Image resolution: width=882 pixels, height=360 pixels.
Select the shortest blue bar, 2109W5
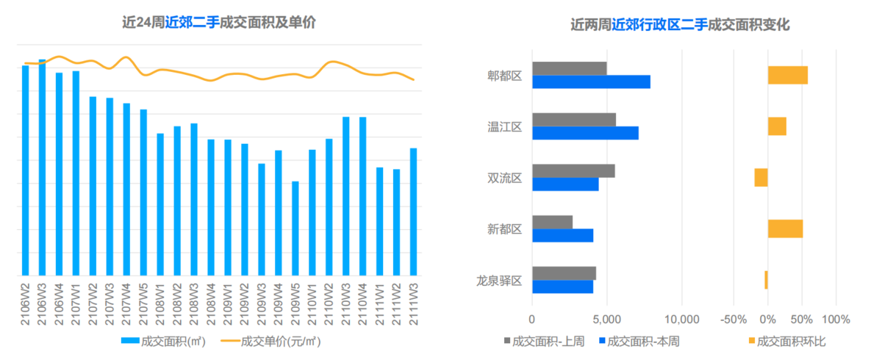(295, 228)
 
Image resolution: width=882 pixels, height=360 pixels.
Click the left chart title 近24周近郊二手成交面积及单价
(219, 23)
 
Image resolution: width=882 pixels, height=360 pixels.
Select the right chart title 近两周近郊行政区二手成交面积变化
(680, 25)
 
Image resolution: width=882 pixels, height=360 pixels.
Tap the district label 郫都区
(504, 75)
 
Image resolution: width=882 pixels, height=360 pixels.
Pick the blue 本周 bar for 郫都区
(591, 82)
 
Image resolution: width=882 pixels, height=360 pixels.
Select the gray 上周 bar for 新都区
(552, 222)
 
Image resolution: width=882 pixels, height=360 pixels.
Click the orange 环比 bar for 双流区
(761, 177)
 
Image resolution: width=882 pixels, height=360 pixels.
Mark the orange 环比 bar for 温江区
(777, 126)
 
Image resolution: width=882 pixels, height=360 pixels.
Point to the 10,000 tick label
(681, 320)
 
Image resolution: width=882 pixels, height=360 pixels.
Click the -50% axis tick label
(734, 320)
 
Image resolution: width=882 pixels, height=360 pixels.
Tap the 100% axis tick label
(836, 320)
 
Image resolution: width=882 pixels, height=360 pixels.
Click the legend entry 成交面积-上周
(543, 341)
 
